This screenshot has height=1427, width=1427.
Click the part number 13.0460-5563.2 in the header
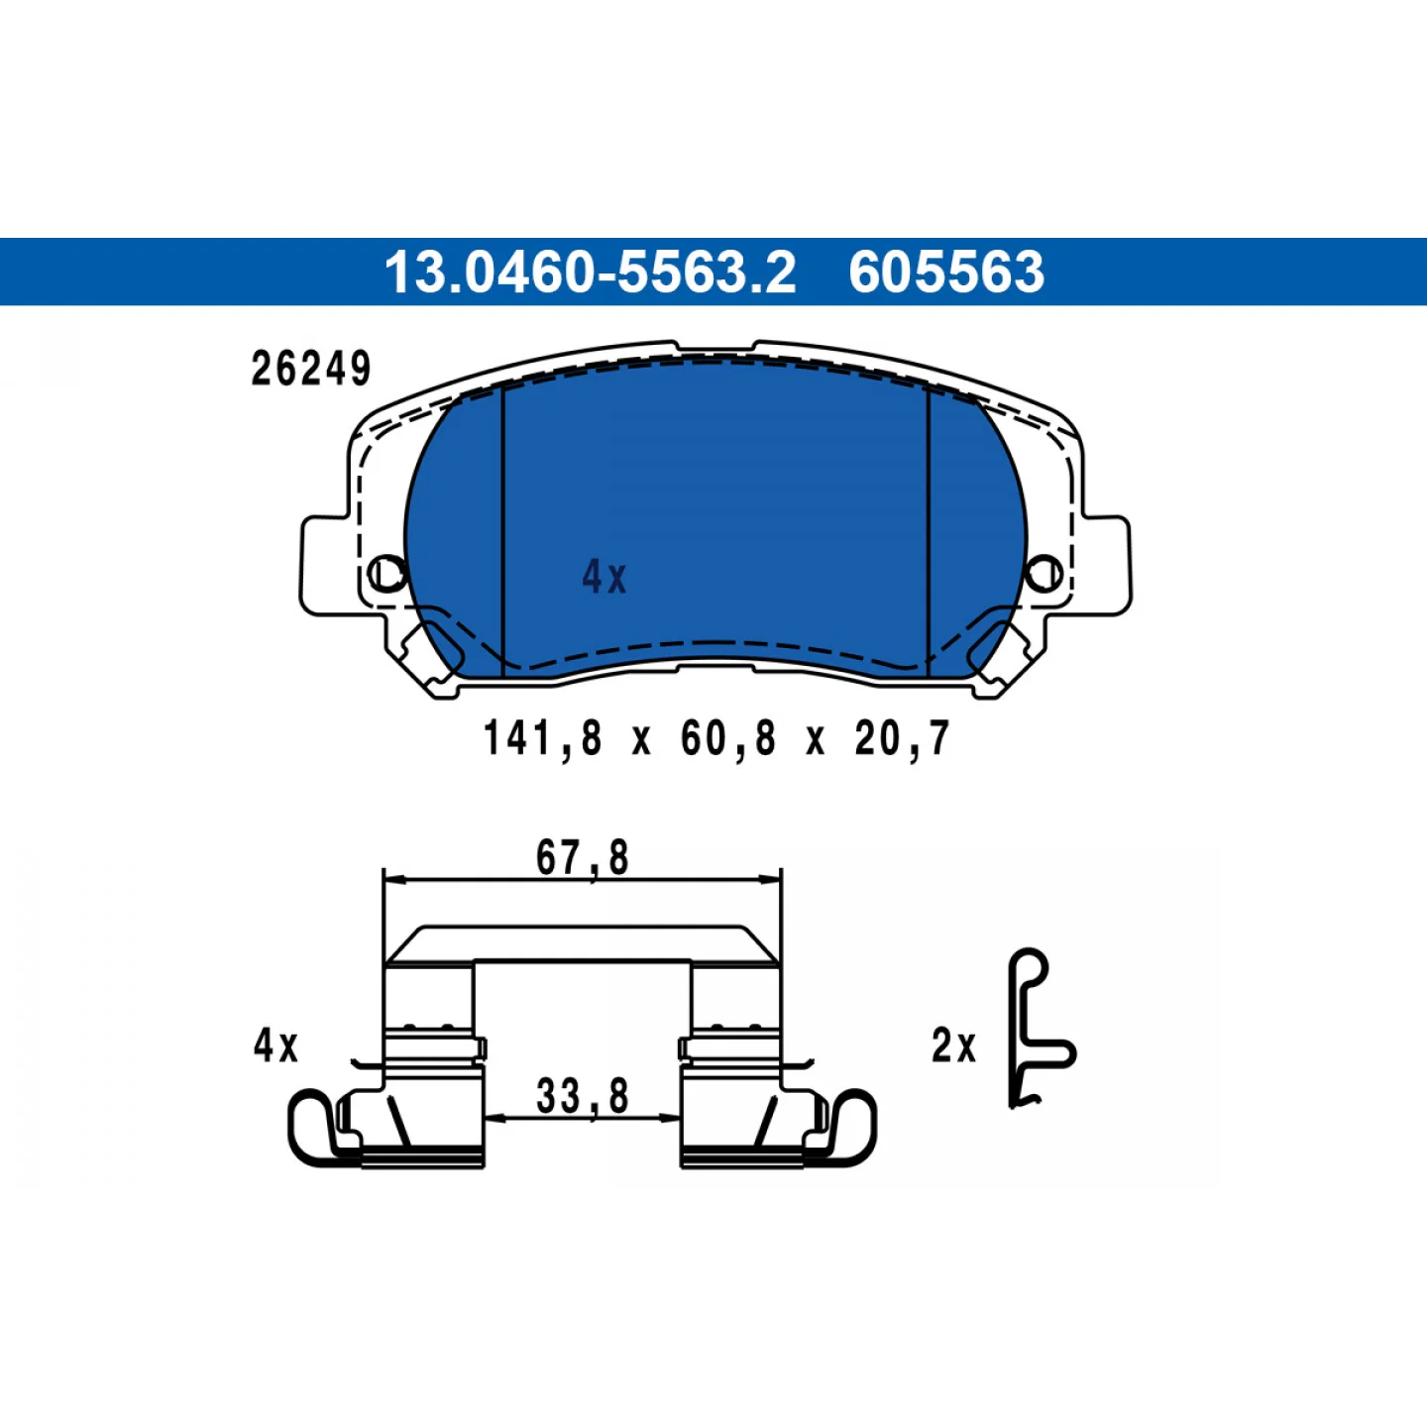click(x=590, y=273)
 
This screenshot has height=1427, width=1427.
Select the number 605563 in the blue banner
click(x=946, y=273)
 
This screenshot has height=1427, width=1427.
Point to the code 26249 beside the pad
click(x=311, y=369)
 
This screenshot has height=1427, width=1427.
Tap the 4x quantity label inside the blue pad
click(x=604, y=577)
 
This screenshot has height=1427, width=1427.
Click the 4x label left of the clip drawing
click(x=275, y=1045)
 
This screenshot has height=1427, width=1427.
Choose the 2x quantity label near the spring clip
click(x=953, y=1045)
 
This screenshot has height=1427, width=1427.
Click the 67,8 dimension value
click(x=583, y=858)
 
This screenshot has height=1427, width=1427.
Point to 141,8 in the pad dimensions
click(x=543, y=739)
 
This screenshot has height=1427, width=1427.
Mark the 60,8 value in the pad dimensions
click(x=728, y=739)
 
